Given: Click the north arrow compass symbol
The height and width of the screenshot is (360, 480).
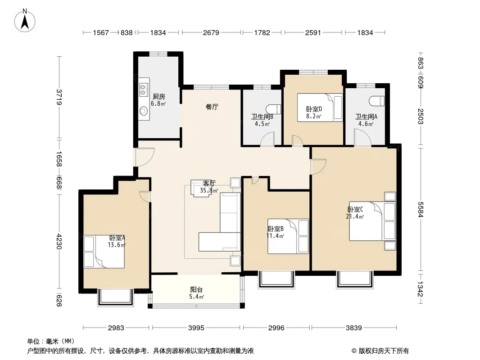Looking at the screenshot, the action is pos(25,20).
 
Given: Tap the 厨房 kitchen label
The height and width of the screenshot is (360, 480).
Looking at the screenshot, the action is pos(159,97).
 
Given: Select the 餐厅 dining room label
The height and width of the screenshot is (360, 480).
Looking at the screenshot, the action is pos(212,107).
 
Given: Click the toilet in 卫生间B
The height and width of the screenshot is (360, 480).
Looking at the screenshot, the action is pos(273,109).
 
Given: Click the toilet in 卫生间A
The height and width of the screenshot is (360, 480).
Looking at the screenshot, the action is pos(377,101).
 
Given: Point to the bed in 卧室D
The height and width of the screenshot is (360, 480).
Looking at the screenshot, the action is pos(320,108).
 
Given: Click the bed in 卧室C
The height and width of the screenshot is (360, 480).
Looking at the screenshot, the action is pos(372,221).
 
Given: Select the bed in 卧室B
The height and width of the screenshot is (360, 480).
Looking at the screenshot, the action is pos(288,236).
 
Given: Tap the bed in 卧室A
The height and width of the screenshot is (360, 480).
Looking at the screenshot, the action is pos(104,252).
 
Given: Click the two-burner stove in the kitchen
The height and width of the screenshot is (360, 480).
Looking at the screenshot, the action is pos(144,89).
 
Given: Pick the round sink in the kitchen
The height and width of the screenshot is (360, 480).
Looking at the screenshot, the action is pos(144,111).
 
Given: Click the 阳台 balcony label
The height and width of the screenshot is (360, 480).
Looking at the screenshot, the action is pos(196,289).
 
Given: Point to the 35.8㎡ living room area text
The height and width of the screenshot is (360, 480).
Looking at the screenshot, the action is pos(209,190).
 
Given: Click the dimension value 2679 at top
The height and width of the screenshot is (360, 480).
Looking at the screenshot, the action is pos(211,32).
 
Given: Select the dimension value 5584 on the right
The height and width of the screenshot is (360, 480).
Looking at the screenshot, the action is pos(420,210).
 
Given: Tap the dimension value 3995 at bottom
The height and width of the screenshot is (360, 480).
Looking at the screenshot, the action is pos(196,328).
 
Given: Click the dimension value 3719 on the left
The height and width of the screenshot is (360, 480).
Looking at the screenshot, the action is pos(59,97).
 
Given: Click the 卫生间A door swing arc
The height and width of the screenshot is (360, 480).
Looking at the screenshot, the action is pos(363,137).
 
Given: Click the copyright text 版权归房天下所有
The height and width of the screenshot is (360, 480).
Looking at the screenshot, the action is pos(384,351).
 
